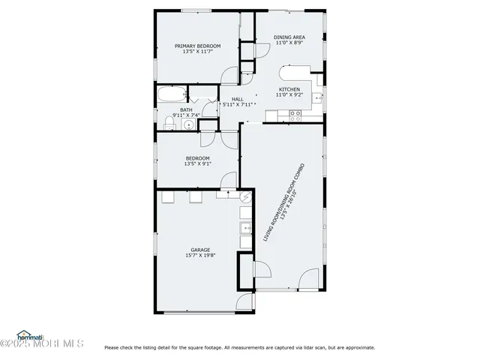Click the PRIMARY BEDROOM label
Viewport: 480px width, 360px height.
198,46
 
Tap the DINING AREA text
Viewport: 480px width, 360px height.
288,37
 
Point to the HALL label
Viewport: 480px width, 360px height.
237,100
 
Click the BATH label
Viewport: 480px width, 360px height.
185,109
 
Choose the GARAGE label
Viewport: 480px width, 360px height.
200,250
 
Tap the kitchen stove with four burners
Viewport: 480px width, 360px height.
295,115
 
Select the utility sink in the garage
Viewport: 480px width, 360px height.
244,229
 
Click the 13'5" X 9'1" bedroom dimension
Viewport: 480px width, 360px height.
198,164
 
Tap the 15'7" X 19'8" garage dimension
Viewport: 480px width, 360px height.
200,256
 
